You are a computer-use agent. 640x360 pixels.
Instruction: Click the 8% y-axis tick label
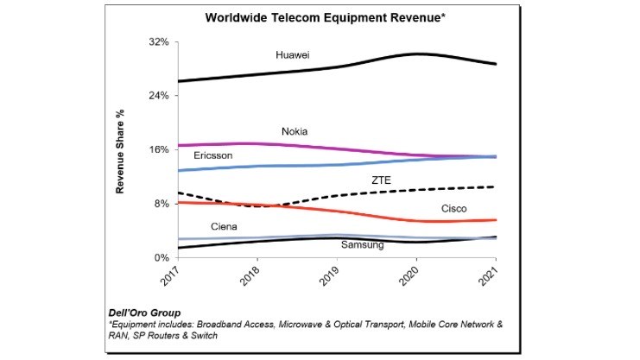click(160, 204)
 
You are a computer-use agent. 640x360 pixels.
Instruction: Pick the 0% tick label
click(160, 257)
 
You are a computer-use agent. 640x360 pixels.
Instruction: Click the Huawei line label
click(293, 55)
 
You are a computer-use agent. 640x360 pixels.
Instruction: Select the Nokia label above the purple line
click(295, 131)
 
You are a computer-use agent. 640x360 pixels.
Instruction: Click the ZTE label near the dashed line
click(381, 180)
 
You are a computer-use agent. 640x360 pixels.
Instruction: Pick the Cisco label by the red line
click(454, 208)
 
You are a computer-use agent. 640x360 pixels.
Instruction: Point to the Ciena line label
click(225, 226)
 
